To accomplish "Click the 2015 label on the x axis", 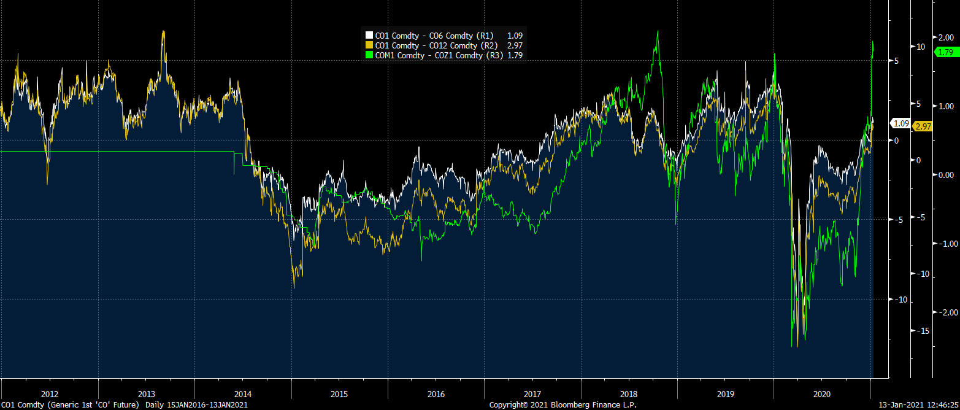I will tap(339, 394).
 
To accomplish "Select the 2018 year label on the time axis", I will tap(629, 394).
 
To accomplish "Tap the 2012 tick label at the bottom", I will tap(50, 394).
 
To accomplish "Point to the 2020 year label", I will tap(822, 394).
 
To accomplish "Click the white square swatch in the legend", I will tap(369, 36).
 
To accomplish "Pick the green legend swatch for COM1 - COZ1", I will tap(369, 55).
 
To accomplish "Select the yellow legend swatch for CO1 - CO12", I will tap(369, 45).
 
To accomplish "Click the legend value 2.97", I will tap(514, 45).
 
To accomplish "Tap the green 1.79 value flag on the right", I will tap(945, 52).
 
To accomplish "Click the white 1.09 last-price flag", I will tap(901, 123).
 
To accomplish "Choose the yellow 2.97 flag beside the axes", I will tap(923, 126).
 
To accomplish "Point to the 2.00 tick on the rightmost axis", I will tap(946, 36).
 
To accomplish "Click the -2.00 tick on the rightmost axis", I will tap(944, 312).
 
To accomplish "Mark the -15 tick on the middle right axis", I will tap(923, 331).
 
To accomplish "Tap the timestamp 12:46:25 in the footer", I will tap(937, 405).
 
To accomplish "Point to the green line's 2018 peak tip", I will tap(657, 31).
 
